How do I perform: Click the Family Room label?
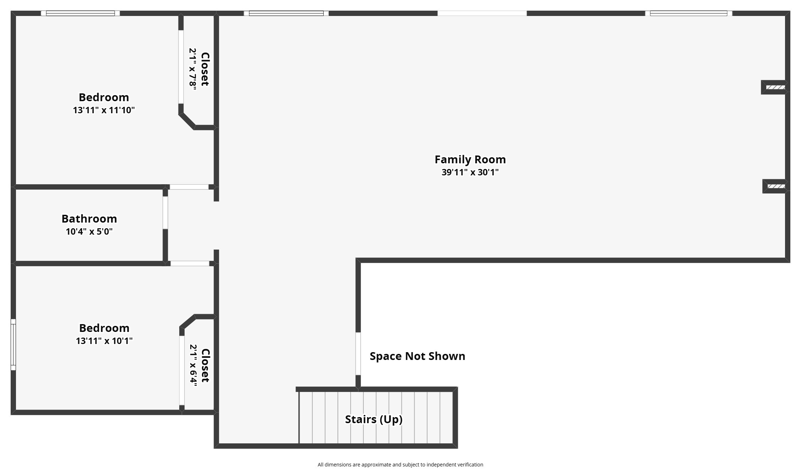coord(470,159)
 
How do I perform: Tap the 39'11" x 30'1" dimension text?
coord(470,172)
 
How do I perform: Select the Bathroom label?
coord(89,219)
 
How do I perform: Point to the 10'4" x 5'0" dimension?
coord(89,231)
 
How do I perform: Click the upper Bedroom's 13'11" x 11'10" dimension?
coord(104,110)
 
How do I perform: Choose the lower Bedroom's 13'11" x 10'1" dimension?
coord(104,341)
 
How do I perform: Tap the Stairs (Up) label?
coord(374,419)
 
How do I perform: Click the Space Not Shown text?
coord(417,356)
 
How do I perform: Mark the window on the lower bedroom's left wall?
coord(13,344)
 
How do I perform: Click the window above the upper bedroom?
coord(80,13)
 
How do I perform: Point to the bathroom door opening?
coord(165,213)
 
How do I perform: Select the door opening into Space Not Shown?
coord(358,354)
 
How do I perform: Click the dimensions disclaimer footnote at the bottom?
coord(400,465)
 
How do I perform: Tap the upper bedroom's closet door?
coord(181,67)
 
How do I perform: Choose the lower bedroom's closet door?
coord(182,371)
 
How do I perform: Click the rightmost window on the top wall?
coord(688,13)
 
